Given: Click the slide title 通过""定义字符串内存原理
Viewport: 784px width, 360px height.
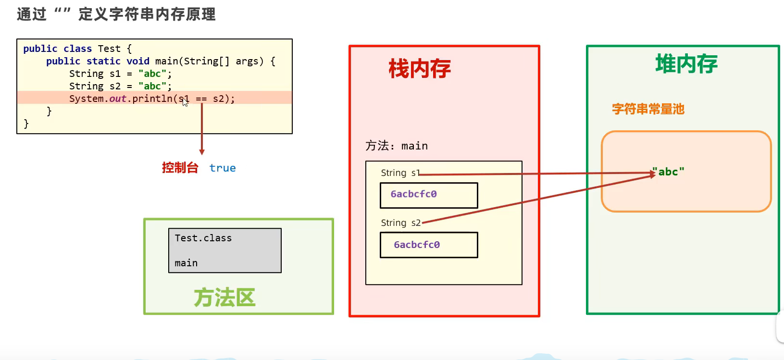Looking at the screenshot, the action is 116,14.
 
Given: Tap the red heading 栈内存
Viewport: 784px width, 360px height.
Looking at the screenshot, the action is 420,69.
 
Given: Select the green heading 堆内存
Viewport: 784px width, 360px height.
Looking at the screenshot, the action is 686,63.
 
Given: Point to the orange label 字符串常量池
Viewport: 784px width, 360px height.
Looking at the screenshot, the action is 648,109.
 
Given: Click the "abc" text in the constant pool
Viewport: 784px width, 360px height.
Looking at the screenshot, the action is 668,172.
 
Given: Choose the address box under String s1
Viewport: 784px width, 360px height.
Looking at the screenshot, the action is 429,195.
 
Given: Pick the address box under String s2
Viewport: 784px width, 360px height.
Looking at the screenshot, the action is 429,245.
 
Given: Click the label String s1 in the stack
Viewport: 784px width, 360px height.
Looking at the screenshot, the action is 400,173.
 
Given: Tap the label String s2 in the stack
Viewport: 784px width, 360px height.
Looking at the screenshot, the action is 401,223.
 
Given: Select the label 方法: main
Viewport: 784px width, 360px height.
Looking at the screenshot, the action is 397,146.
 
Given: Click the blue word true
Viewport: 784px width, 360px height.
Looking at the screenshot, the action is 223,168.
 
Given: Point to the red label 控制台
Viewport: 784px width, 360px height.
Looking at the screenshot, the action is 180,168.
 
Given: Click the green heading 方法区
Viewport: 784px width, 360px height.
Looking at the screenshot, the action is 224,298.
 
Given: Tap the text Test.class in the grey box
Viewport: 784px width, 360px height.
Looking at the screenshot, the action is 203,238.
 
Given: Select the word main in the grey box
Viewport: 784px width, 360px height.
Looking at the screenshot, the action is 186,263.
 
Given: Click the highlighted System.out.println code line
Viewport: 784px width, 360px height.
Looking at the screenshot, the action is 152,99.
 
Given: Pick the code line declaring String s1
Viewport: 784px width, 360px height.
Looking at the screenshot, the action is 120,74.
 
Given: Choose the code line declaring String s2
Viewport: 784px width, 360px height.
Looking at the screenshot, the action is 120,87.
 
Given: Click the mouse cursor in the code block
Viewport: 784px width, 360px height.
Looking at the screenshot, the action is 185,102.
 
